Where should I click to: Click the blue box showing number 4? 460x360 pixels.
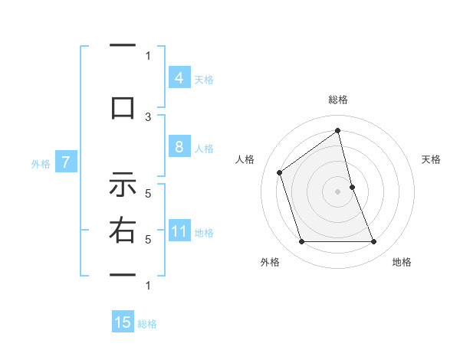click(x=179, y=78)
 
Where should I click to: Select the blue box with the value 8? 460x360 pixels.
click(x=179, y=148)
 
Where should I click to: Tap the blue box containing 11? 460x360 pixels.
click(x=179, y=232)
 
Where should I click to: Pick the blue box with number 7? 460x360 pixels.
click(x=66, y=162)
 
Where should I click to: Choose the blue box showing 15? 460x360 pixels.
click(x=123, y=322)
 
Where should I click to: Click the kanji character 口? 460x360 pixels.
click(x=122, y=106)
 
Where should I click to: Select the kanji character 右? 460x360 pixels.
click(x=122, y=231)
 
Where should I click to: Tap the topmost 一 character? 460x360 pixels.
click(x=122, y=46)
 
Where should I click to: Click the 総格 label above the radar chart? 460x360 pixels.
click(x=337, y=100)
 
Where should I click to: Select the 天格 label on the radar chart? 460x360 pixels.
click(x=431, y=159)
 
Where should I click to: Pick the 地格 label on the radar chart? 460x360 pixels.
click(x=402, y=262)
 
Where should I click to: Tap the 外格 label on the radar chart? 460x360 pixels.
click(x=270, y=262)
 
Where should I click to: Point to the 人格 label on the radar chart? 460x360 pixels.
click(x=245, y=159)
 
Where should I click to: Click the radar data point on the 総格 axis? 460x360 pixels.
click(x=337, y=131)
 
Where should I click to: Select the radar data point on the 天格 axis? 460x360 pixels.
click(x=352, y=186)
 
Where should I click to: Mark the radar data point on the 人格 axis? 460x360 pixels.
click(x=280, y=172)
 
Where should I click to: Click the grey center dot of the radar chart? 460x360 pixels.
click(x=337, y=191)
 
